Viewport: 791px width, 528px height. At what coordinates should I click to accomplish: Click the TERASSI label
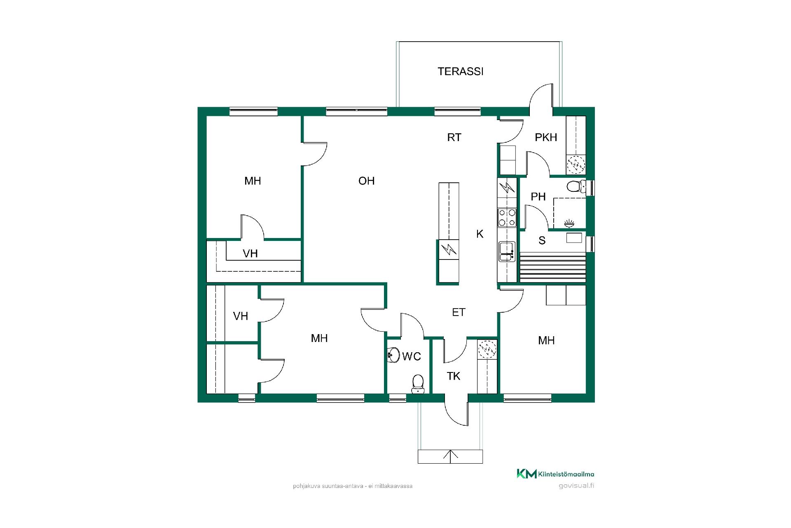pyautogui.click(x=460, y=71)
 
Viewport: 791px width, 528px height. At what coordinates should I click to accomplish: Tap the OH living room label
pyautogui.click(x=366, y=181)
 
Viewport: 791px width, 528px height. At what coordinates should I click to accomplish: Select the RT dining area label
pyautogui.click(x=454, y=137)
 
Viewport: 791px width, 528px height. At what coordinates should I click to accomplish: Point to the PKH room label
pyautogui.click(x=546, y=137)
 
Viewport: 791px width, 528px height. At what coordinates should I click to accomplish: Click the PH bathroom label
pyautogui.click(x=538, y=197)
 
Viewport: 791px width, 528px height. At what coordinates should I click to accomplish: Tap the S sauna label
pyautogui.click(x=542, y=240)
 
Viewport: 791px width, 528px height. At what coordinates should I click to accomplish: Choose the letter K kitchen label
pyautogui.click(x=480, y=234)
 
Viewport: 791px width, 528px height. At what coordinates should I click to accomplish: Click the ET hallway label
pyautogui.click(x=459, y=312)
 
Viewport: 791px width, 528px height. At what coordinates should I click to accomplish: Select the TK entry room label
pyautogui.click(x=454, y=376)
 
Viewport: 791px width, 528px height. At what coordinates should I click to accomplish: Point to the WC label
pyautogui.click(x=412, y=356)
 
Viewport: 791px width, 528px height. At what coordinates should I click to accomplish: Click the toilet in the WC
pyautogui.click(x=418, y=384)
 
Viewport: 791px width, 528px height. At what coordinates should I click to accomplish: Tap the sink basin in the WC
pyautogui.click(x=393, y=355)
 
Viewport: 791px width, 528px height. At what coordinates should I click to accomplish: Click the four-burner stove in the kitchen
pyautogui.click(x=507, y=217)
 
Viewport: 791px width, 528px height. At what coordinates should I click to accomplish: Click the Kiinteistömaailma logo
pyautogui.click(x=555, y=474)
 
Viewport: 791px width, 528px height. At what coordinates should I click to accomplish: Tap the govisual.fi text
pyautogui.click(x=576, y=486)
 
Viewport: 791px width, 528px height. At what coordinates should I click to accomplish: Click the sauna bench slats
pyautogui.click(x=552, y=268)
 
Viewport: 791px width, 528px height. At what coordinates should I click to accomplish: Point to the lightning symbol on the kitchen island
pyautogui.click(x=448, y=250)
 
